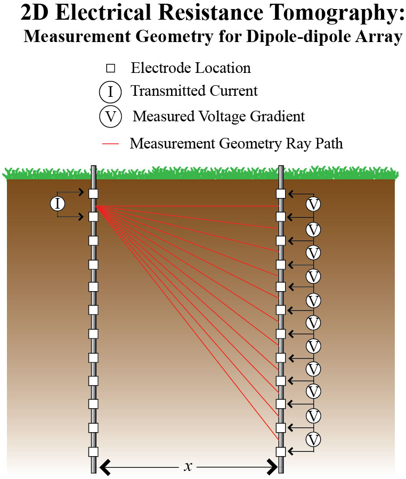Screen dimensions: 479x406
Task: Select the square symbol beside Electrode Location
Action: pos(110,68)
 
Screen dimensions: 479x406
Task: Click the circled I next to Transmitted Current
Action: pos(110,92)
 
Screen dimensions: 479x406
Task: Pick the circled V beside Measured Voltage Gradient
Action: pos(110,115)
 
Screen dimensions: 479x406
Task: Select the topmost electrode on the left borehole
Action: pos(93,194)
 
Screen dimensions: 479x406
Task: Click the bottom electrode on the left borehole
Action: pos(93,452)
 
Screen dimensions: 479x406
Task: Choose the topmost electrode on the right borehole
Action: pos(281,194)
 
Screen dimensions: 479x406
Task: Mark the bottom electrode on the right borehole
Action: pos(281,452)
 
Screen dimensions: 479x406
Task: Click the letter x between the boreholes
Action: pos(188,467)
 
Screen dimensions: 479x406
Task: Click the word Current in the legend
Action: pos(232,92)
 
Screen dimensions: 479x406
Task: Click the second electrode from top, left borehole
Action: pos(93,217)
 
